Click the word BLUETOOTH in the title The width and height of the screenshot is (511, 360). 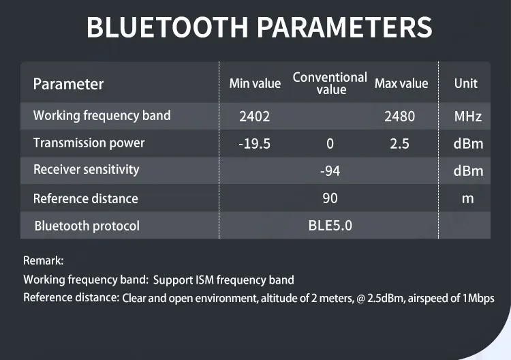point(167,27)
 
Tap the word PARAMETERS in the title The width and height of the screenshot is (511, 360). point(345,27)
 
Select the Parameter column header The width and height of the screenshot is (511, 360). point(68,84)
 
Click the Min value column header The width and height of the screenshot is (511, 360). point(255,83)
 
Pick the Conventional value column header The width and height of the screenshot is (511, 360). point(330,83)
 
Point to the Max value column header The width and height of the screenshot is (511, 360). point(401,83)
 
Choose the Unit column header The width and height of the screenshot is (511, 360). point(466,83)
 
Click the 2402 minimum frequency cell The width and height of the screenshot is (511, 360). point(255,117)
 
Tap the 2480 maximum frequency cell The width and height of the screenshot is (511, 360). point(399,117)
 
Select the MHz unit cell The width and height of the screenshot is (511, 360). point(467,117)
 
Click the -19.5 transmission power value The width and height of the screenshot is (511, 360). point(255,144)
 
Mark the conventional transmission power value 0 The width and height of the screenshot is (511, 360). point(330,144)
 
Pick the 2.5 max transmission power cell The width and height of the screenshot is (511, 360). point(399,144)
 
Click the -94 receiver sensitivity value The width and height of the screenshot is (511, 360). point(330,171)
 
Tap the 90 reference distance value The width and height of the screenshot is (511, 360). point(330,198)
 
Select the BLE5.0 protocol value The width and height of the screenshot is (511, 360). point(330,226)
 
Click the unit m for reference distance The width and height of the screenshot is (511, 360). point(467,198)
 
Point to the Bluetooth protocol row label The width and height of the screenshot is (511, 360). point(87,226)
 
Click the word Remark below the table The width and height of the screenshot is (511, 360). point(44,260)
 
